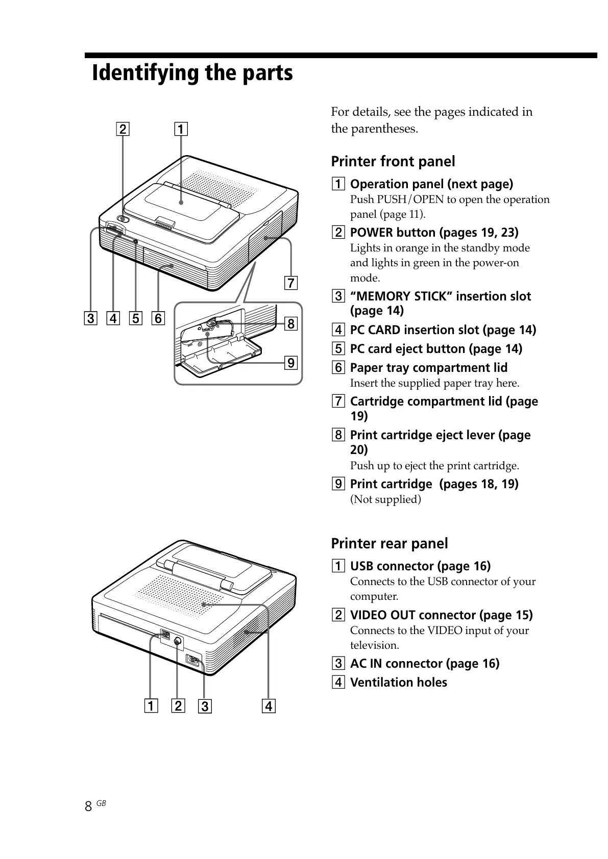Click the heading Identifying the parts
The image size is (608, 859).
coord(192,73)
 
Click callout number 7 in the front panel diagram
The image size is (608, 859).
coord(290,283)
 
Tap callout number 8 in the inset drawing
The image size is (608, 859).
coord(290,323)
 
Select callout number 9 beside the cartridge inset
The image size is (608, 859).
coord(290,363)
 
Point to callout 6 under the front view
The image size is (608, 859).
coord(158,319)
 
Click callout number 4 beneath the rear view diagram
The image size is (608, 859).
coord(269,706)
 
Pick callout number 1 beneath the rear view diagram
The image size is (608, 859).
coord(151,706)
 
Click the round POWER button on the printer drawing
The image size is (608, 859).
coord(123,219)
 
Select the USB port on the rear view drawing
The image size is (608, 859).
coord(165,635)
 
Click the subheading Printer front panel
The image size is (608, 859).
coord(393,162)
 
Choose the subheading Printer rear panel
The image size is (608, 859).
coord(390,544)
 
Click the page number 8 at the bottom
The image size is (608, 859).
coord(88,806)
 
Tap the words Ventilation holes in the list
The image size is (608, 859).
coord(398,683)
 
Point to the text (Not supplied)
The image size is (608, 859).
coord(385,499)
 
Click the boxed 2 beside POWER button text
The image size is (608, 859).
coord(338,233)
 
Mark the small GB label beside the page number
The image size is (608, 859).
coord(101,803)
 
